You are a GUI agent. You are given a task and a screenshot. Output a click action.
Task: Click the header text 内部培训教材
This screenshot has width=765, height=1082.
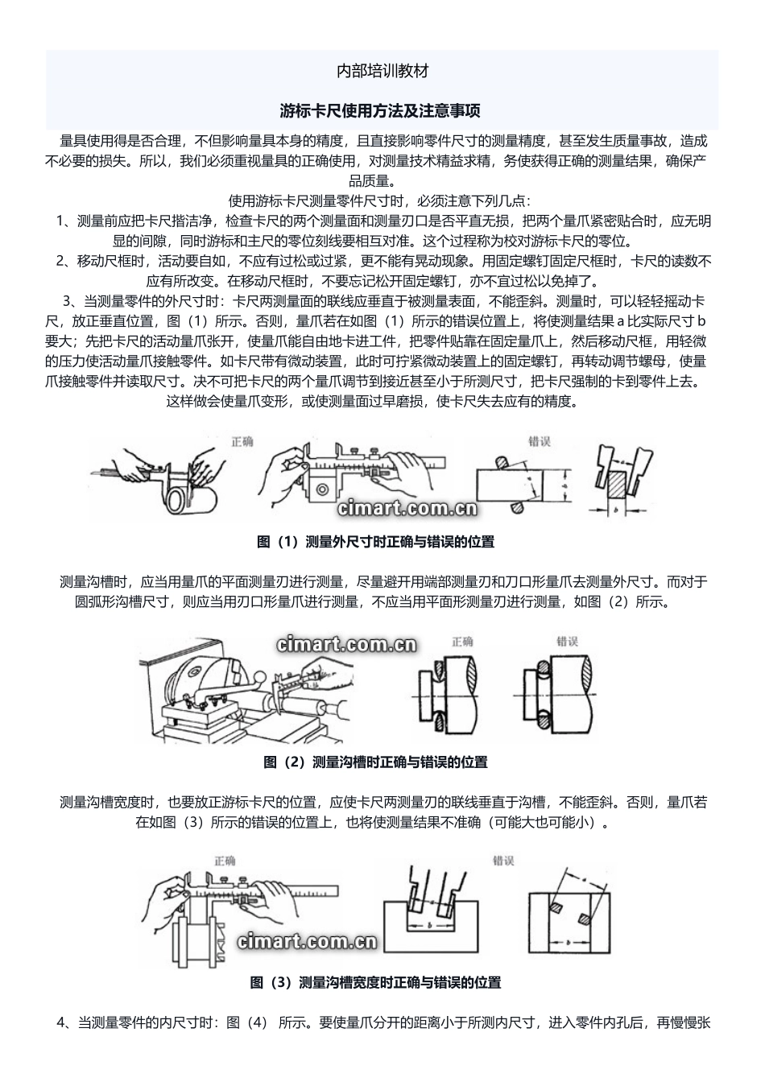(382, 71)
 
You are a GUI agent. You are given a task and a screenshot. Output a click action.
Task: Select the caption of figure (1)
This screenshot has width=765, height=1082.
(375, 542)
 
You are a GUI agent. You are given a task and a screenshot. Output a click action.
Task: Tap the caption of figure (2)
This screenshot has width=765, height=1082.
(375, 762)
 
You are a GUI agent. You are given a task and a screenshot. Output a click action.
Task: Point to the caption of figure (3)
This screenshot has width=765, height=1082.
(375, 982)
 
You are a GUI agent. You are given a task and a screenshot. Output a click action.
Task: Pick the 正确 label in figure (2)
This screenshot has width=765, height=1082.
(462, 642)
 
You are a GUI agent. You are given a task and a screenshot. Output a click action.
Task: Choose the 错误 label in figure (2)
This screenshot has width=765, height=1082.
(568, 642)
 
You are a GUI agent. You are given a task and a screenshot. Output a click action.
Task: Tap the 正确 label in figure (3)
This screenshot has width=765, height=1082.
(225, 861)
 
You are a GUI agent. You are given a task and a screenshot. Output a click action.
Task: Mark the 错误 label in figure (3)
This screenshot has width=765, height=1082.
(503, 861)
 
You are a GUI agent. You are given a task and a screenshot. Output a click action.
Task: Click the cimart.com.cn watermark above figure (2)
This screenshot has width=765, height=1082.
(345, 644)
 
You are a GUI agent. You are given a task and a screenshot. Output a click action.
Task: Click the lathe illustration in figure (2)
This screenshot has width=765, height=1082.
(242, 692)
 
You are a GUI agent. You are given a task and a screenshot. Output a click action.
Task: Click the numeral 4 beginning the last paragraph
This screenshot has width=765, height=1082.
(61, 1023)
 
